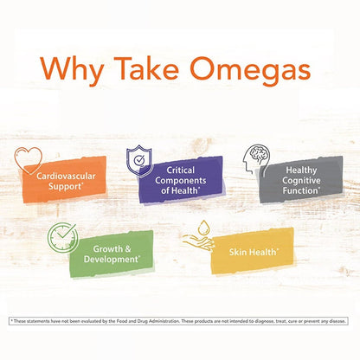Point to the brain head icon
(x=259, y=154)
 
